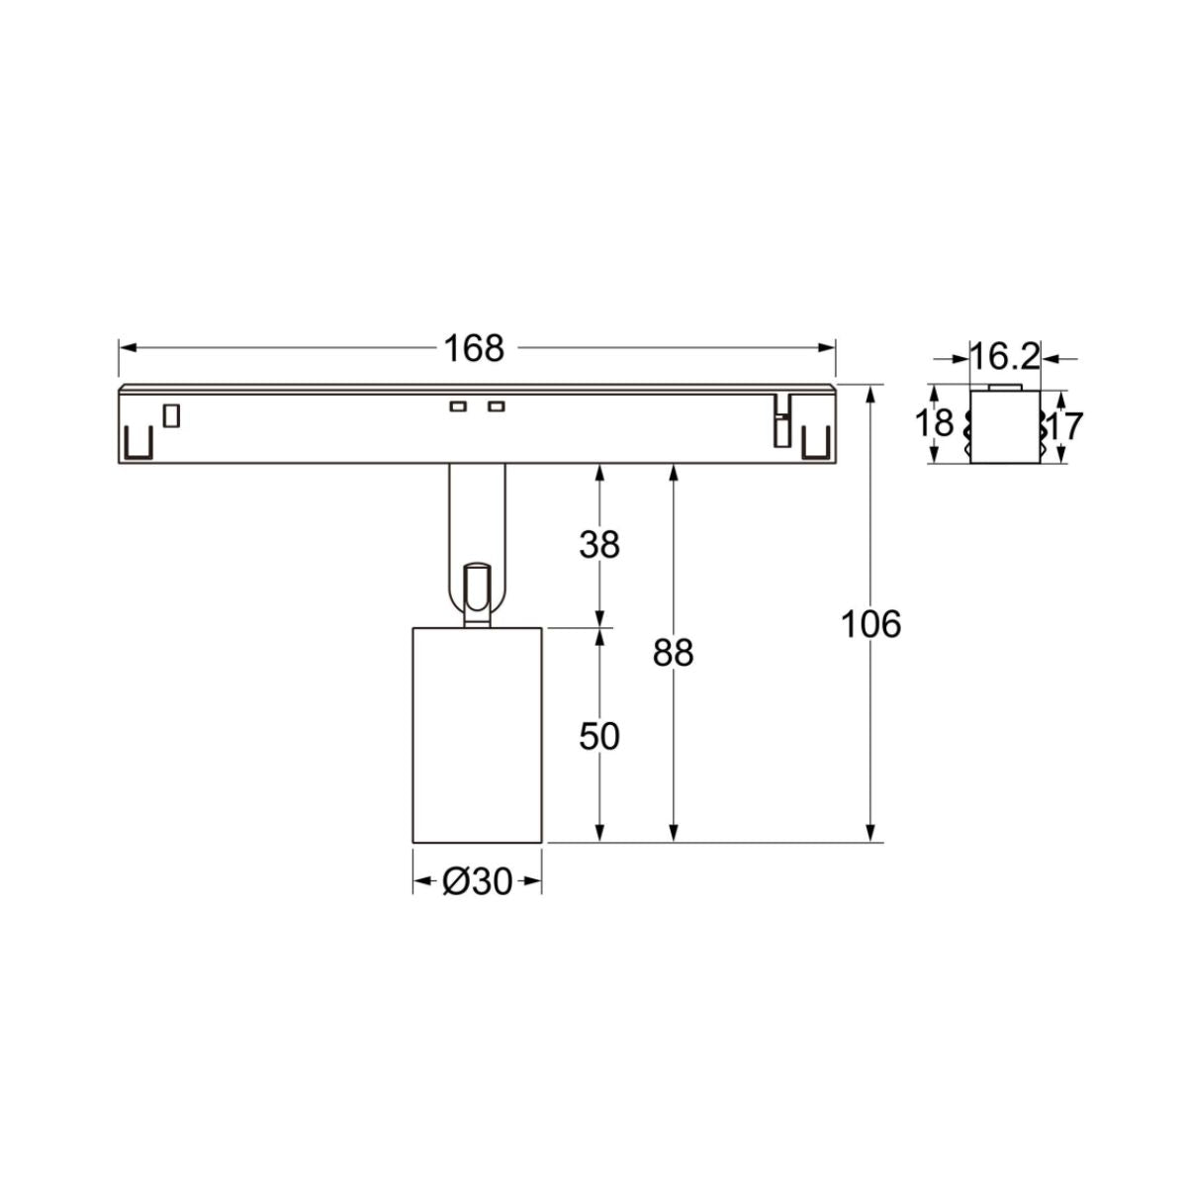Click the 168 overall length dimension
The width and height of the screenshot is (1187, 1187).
pos(474,348)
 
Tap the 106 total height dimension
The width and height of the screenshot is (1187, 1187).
pos(870,624)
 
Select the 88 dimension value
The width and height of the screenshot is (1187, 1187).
pos(674,653)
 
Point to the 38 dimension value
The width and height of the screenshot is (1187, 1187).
pos(599,544)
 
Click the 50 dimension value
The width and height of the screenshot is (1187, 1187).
pos(599,736)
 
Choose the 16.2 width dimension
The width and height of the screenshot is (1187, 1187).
pos(1004,357)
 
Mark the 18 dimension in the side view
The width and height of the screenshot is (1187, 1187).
pos(934,424)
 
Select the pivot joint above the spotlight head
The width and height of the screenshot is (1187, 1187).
pos(477,593)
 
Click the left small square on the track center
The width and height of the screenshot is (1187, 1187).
pos(457,407)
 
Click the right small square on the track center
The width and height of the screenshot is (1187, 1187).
pos(496,407)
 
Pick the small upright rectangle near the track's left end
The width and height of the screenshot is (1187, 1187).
pos(172,415)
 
